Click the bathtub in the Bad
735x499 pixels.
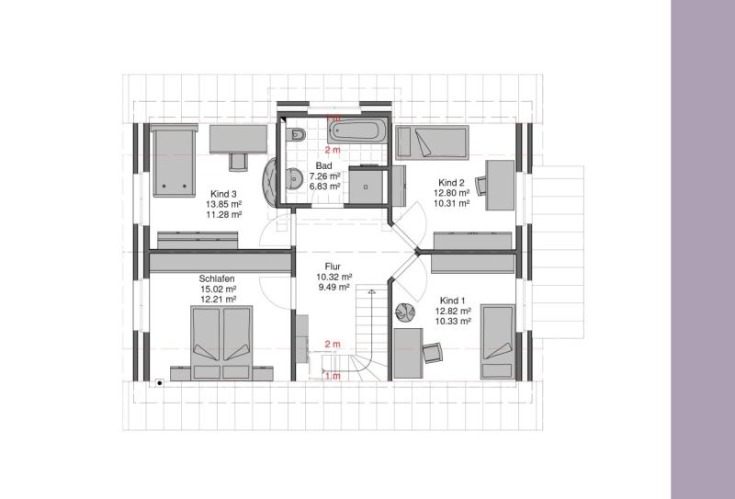coord(357,130)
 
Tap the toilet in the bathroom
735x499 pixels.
coord(297,135)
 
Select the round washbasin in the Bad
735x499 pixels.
coord(295,178)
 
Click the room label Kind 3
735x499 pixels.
coord(223,194)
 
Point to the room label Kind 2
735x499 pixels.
coord(451,183)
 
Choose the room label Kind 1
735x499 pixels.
coord(453,301)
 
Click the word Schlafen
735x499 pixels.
coord(217,279)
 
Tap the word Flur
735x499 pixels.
coord(333,267)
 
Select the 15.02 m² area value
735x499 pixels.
coord(218,289)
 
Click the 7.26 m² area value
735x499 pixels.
coord(324,176)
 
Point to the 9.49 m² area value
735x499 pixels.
coord(334,287)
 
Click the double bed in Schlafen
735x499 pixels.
coord(221,344)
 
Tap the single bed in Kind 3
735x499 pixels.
coord(174,160)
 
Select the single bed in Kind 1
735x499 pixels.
coord(498,342)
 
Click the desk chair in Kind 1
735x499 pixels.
coord(433,353)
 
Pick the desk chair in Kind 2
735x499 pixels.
coord(481,186)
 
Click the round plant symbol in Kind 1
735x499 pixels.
coord(405,312)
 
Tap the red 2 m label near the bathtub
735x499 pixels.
coord(333,150)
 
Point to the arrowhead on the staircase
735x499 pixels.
coord(372,292)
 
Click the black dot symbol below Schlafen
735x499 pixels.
coord(160,383)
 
